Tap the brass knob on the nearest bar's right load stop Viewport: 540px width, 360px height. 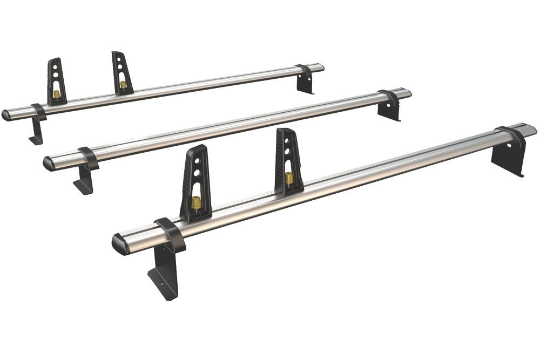coord(289,178)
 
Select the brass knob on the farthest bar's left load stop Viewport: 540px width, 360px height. coord(57,94)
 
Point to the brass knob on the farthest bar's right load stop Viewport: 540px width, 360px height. coord(123,85)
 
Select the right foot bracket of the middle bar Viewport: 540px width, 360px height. coord(389,110)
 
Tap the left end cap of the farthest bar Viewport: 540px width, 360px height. coord(6,115)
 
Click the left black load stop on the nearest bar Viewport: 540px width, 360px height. coord(196,184)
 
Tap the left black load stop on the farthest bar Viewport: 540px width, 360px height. coord(56,81)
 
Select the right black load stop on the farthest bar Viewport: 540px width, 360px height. coord(122,73)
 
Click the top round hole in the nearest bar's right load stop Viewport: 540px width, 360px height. coord(286,141)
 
